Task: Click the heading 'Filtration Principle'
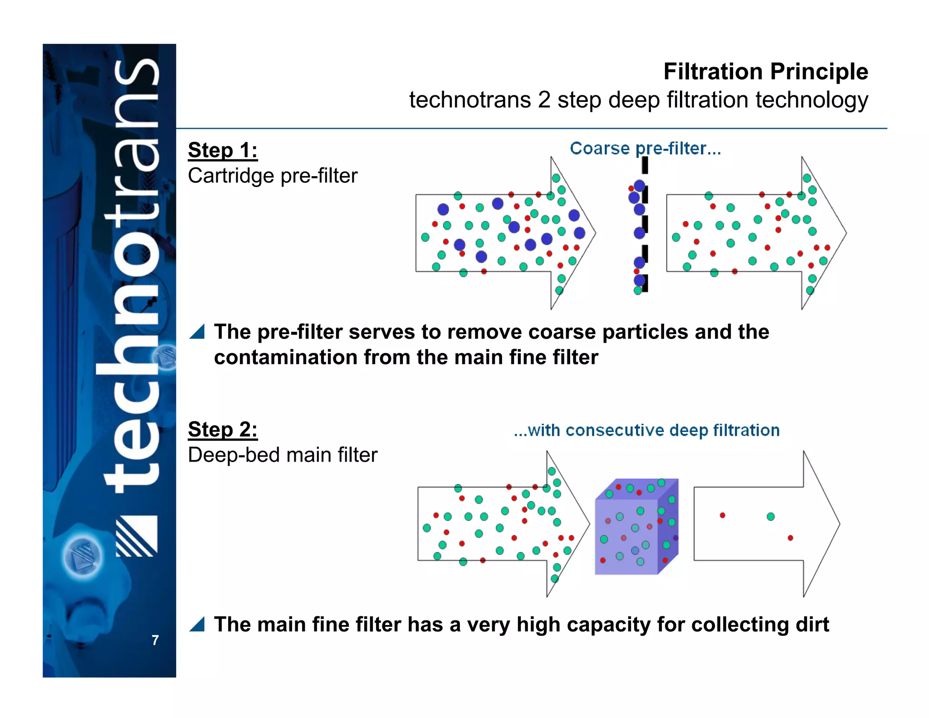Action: [x=765, y=72]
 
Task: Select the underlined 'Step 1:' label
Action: [x=223, y=150]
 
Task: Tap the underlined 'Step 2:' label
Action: [x=223, y=429]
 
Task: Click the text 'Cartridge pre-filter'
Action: [x=273, y=176]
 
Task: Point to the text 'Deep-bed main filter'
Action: [x=283, y=455]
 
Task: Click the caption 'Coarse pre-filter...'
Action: [x=645, y=148]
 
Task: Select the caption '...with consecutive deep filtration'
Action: [x=646, y=430]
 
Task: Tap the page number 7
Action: [x=155, y=640]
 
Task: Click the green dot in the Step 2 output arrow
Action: [x=771, y=516]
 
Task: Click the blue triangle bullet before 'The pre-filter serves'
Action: [x=197, y=332]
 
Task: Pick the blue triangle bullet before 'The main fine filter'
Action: [x=197, y=625]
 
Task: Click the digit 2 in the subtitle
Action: [x=544, y=100]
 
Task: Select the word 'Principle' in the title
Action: [x=819, y=72]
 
